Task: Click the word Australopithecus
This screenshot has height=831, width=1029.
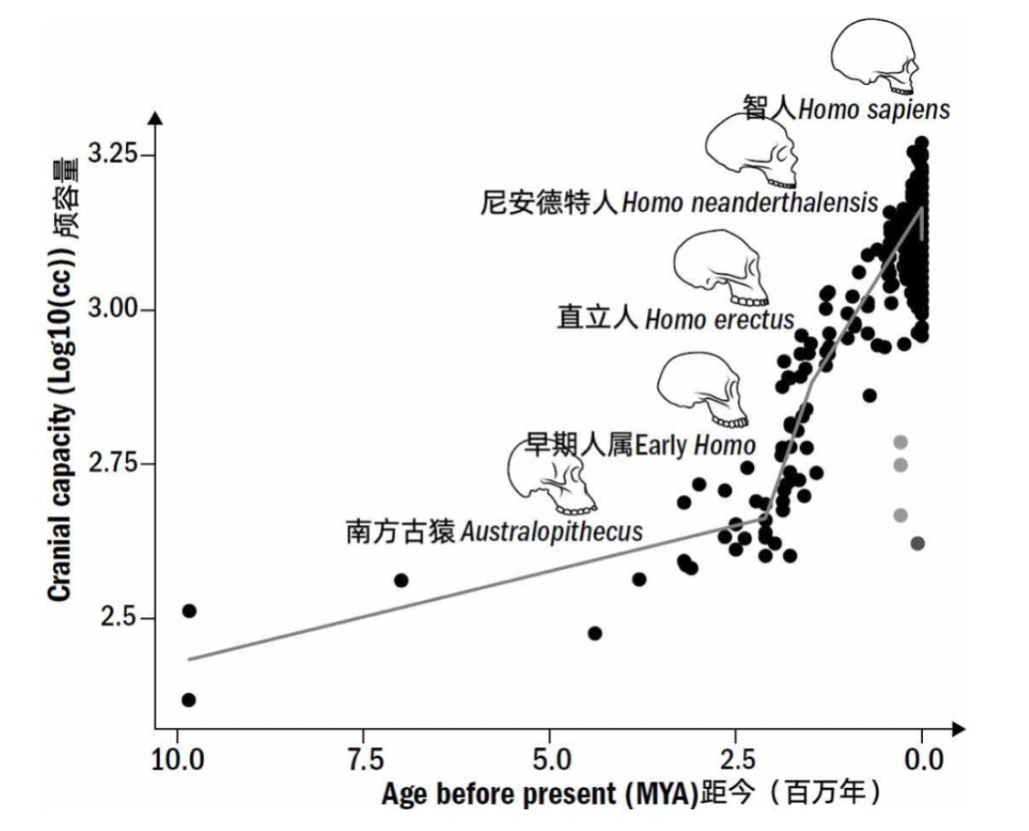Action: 552,531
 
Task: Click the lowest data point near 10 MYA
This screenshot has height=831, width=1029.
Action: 188,700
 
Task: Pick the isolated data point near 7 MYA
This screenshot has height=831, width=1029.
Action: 400,580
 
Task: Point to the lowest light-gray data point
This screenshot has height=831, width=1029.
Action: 900,516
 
